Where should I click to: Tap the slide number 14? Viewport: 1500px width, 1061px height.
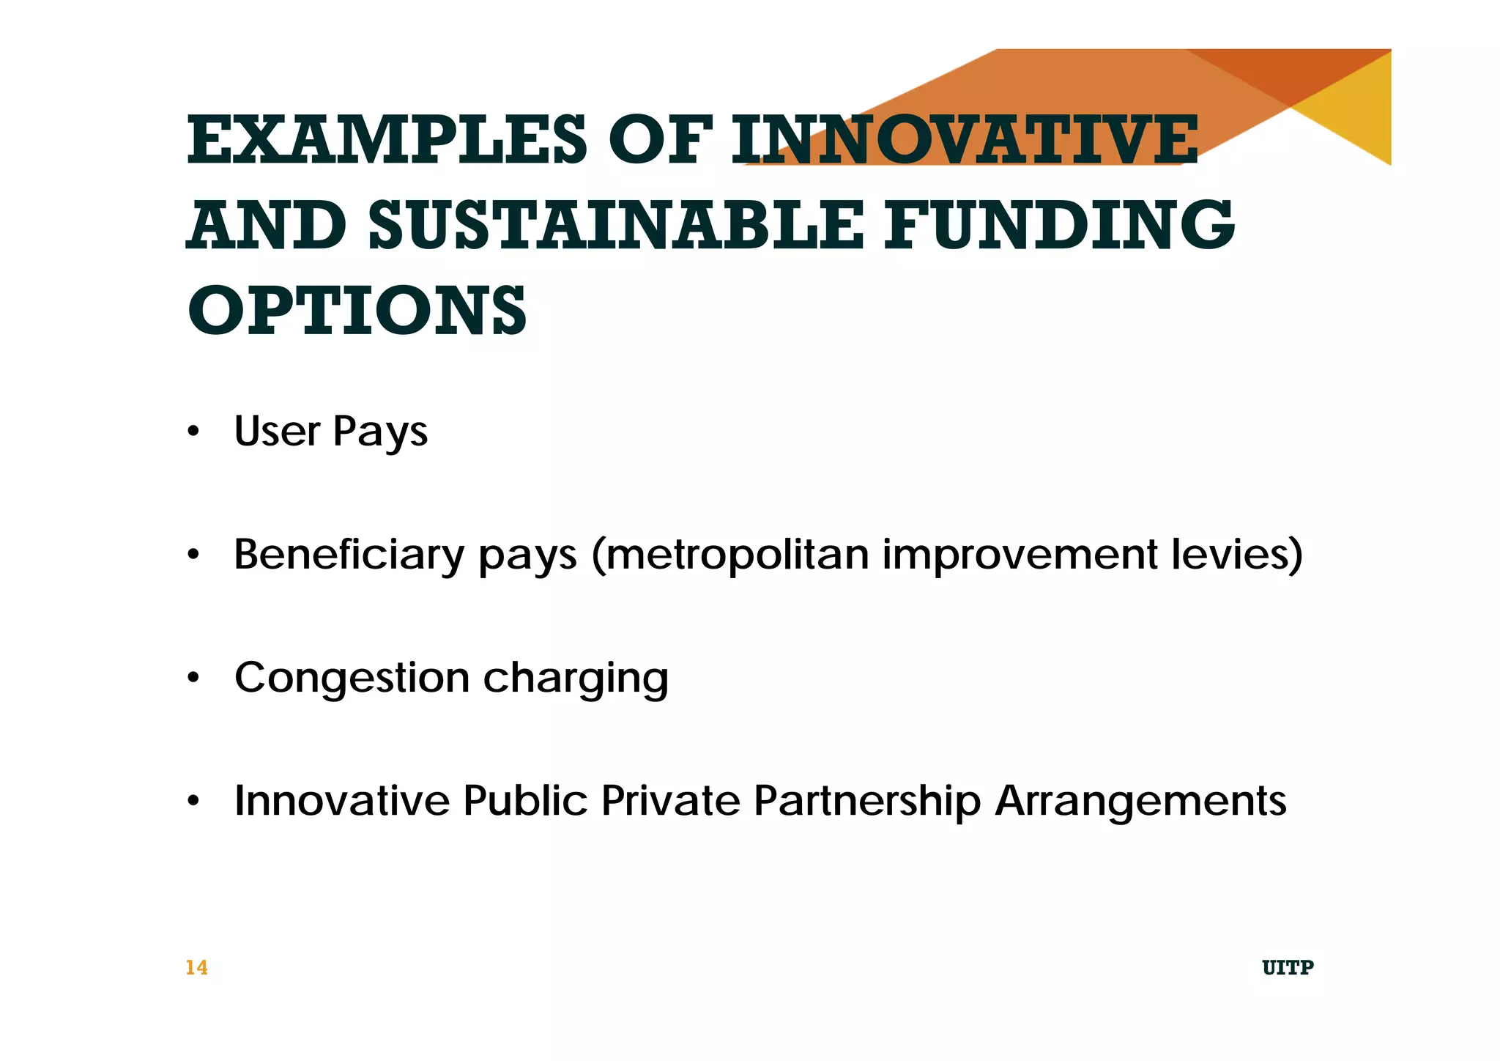[x=196, y=968]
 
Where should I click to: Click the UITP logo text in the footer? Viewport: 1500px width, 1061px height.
[x=1288, y=968]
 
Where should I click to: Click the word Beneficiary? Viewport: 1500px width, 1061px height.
[x=349, y=554]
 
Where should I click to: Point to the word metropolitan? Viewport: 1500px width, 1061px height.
[x=737, y=555]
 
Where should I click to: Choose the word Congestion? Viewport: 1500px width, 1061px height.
[x=352, y=679]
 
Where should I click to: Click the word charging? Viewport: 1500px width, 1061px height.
[x=576, y=679]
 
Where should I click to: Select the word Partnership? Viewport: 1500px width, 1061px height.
[x=867, y=801]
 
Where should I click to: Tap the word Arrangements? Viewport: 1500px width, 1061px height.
[x=1140, y=801]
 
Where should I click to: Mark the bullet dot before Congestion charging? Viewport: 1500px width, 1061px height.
[x=193, y=678]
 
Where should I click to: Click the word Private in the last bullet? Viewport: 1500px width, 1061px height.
[x=671, y=800]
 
